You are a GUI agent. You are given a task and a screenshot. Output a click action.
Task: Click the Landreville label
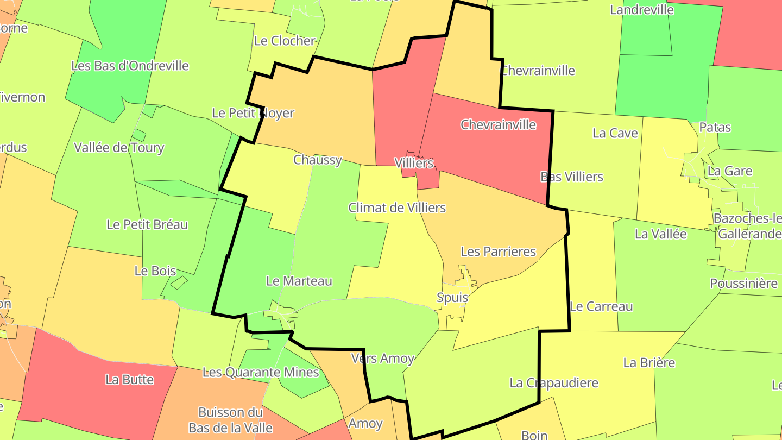pyautogui.click(x=642, y=10)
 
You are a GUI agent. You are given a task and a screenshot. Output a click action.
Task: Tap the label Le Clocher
pyautogui.click(x=285, y=41)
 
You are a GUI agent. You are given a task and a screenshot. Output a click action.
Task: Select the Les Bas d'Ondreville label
pyautogui.click(x=130, y=66)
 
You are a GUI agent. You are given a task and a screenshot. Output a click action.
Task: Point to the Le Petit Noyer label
pyautogui.click(x=253, y=113)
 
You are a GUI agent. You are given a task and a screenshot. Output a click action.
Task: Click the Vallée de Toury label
pyautogui.click(x=119, y=147)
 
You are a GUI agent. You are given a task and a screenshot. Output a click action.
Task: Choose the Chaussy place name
pyautogui.click(x=318, y=160)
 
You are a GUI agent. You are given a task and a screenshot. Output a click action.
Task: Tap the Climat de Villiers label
pyautogui.click(x=397, y=208)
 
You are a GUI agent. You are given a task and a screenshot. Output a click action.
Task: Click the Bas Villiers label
pyautogui.click(x=572, y=177)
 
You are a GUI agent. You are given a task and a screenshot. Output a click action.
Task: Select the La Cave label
pyautogui.click(x=615, y=133)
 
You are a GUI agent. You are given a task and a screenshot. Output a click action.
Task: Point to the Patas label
pyautogui.click(x=715, y=128)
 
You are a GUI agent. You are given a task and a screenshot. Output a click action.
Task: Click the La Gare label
pyautogui.click(x=730, y=171)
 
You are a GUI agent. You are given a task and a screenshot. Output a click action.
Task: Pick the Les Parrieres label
pyautogui.click(x=498, y=252)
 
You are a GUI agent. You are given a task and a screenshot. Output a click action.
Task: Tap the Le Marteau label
pyautogui.click(x=299, y=281)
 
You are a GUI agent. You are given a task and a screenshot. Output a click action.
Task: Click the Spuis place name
pyautogui.click(x=452, y=298)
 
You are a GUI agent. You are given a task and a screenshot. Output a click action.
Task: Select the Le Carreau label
pyautogui.click(x=602, y=306)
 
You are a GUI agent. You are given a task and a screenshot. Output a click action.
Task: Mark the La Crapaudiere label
pyautogui.click(x=554, y=383)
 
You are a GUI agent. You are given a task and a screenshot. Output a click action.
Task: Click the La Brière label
pyautogui.click(x=649, y=362)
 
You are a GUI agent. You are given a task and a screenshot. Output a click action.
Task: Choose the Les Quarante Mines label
pyautogui.click(x=261, y=372)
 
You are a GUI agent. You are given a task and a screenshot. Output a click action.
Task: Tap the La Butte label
pyautogui.click(x=130, y=379)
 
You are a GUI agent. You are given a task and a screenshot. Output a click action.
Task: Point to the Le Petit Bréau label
pyautogui.click(x=147, y=224)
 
